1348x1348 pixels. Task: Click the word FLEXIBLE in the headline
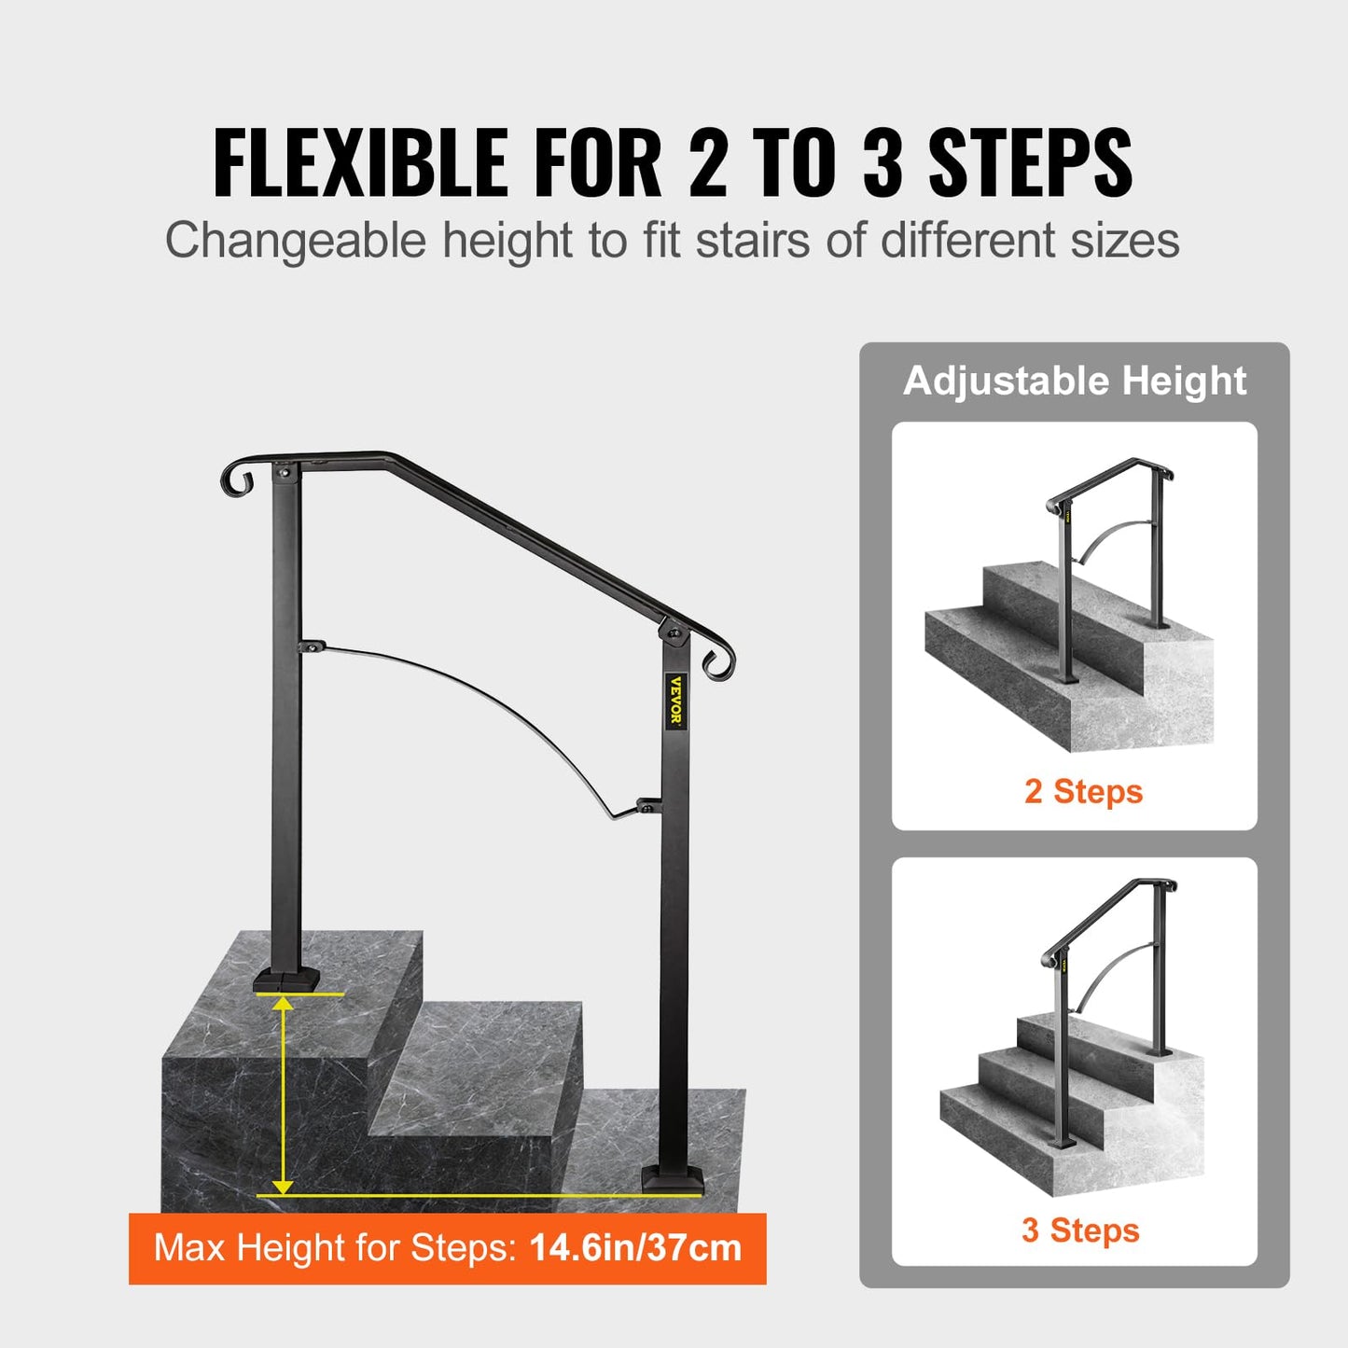[x=360, y=162]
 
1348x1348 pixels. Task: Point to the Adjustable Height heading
[x=1075, y=381]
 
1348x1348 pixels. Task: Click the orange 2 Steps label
[x=1083, y=791]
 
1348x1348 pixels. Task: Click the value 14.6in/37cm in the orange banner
[x=635, y=1248]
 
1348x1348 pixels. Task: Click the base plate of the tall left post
[x=285, y=979]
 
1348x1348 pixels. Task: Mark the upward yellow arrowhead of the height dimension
[x=283, y=1004]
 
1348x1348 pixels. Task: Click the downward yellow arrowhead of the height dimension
[x=283, y=1186]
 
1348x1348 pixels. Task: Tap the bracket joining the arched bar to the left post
[x=311, y=646]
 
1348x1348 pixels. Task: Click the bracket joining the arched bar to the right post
[x=647, y=803]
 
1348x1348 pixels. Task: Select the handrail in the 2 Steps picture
[x=1110, y=476]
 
